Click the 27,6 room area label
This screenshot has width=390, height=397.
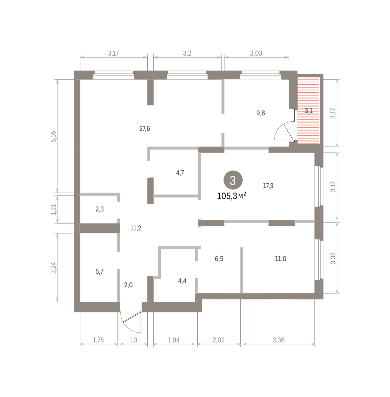click(145, 129)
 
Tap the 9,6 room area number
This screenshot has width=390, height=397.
click(261, 113)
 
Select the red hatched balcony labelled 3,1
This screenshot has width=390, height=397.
click(308, 110)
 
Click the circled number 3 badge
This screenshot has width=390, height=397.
click(233, 180)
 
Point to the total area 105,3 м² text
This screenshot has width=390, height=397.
click(231, 196)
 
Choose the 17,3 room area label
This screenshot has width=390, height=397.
click(268, 186)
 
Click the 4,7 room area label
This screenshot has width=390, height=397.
click(180, 173)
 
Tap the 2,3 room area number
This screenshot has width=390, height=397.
click(100, 209)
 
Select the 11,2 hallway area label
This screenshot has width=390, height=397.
click(136, 228)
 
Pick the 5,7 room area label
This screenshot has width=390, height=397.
click(99, 271)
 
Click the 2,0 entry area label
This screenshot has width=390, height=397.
click(128, 285)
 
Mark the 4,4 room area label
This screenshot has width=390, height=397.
click(182, 281)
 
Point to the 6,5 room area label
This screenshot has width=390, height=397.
click(219, 259)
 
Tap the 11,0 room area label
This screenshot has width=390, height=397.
click(280, 259)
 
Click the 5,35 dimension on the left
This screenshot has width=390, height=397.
click(53, 136)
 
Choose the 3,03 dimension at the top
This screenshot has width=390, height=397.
click(256, 53)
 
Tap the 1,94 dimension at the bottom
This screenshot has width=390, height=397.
click(174, 340)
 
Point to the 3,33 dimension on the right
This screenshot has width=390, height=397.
click(333, 258)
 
